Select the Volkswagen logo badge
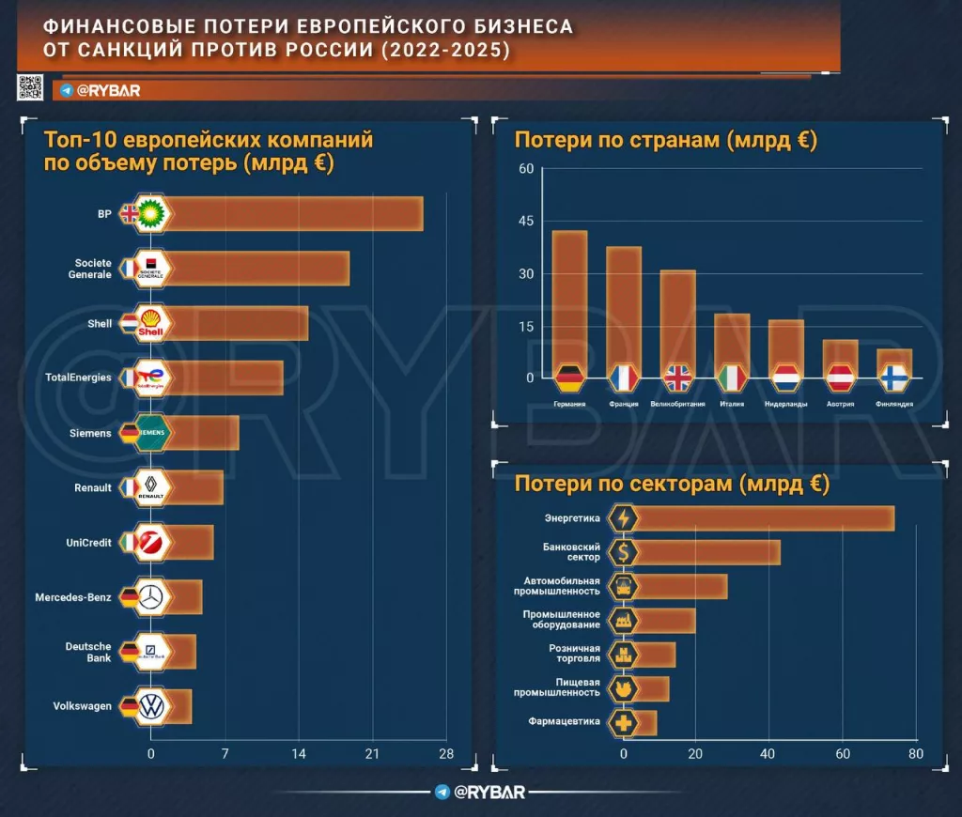pos(150,706)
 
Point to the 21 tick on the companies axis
pos(372,753)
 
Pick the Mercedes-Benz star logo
pos(150,596)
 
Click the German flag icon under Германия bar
pos(569,378)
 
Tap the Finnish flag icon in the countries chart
pos(894,378)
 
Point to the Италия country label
pos(732,404)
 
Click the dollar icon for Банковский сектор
pos(623,552)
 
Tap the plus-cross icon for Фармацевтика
pos(623,722)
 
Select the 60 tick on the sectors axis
pos(843,753)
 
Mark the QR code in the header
pos(31,87)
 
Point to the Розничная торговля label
pos(574,654)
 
